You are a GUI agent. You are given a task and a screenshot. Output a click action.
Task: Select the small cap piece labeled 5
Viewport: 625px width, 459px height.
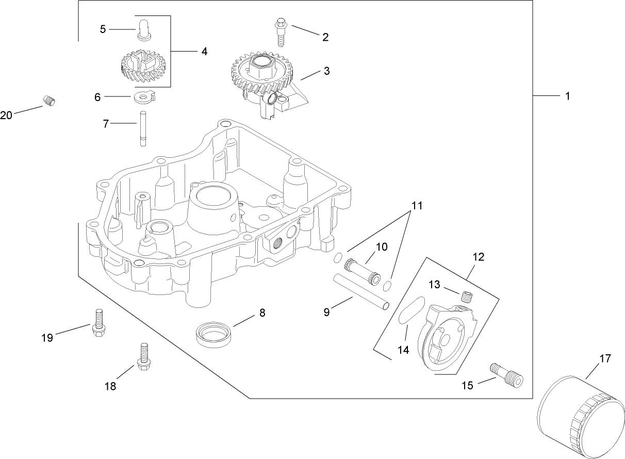(x=143, y=28)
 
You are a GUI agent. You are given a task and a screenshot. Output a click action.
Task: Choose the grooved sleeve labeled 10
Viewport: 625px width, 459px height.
(x=364, y=266)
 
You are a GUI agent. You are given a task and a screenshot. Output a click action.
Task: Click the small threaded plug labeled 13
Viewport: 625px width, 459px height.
(x=467, y=298)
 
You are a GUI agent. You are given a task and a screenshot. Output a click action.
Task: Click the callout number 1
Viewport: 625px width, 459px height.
(x=567, y=96)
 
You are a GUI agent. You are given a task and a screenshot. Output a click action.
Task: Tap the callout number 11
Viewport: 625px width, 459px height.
(x=417, y=206)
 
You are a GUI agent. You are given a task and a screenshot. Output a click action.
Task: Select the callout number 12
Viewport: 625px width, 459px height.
(x=478, y=256)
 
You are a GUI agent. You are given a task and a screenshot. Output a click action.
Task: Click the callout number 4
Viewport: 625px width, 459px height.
(x=204, y=52)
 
